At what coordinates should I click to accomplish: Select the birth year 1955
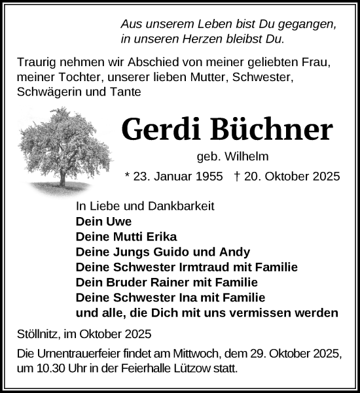[x=208, y=177]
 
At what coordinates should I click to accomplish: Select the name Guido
[x=171, y=252]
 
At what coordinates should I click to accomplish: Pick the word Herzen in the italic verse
[x=206, y=39]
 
